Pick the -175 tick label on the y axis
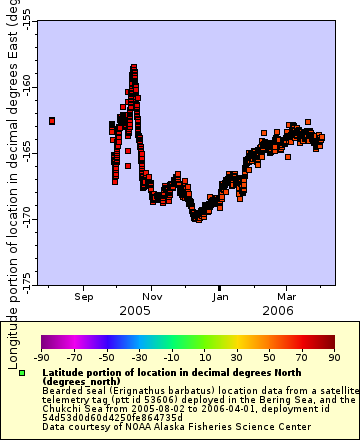pos(25,276)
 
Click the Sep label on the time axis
pos(84,297)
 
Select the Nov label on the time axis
pos(152,297)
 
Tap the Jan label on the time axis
pos(220,297)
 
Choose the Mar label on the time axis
pos(286,297)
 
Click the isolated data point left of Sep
pos(52,121)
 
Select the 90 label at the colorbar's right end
pos(333,357)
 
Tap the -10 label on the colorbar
pos(171,357)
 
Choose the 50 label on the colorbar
pos(269,357)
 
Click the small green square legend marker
pos(21,372)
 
